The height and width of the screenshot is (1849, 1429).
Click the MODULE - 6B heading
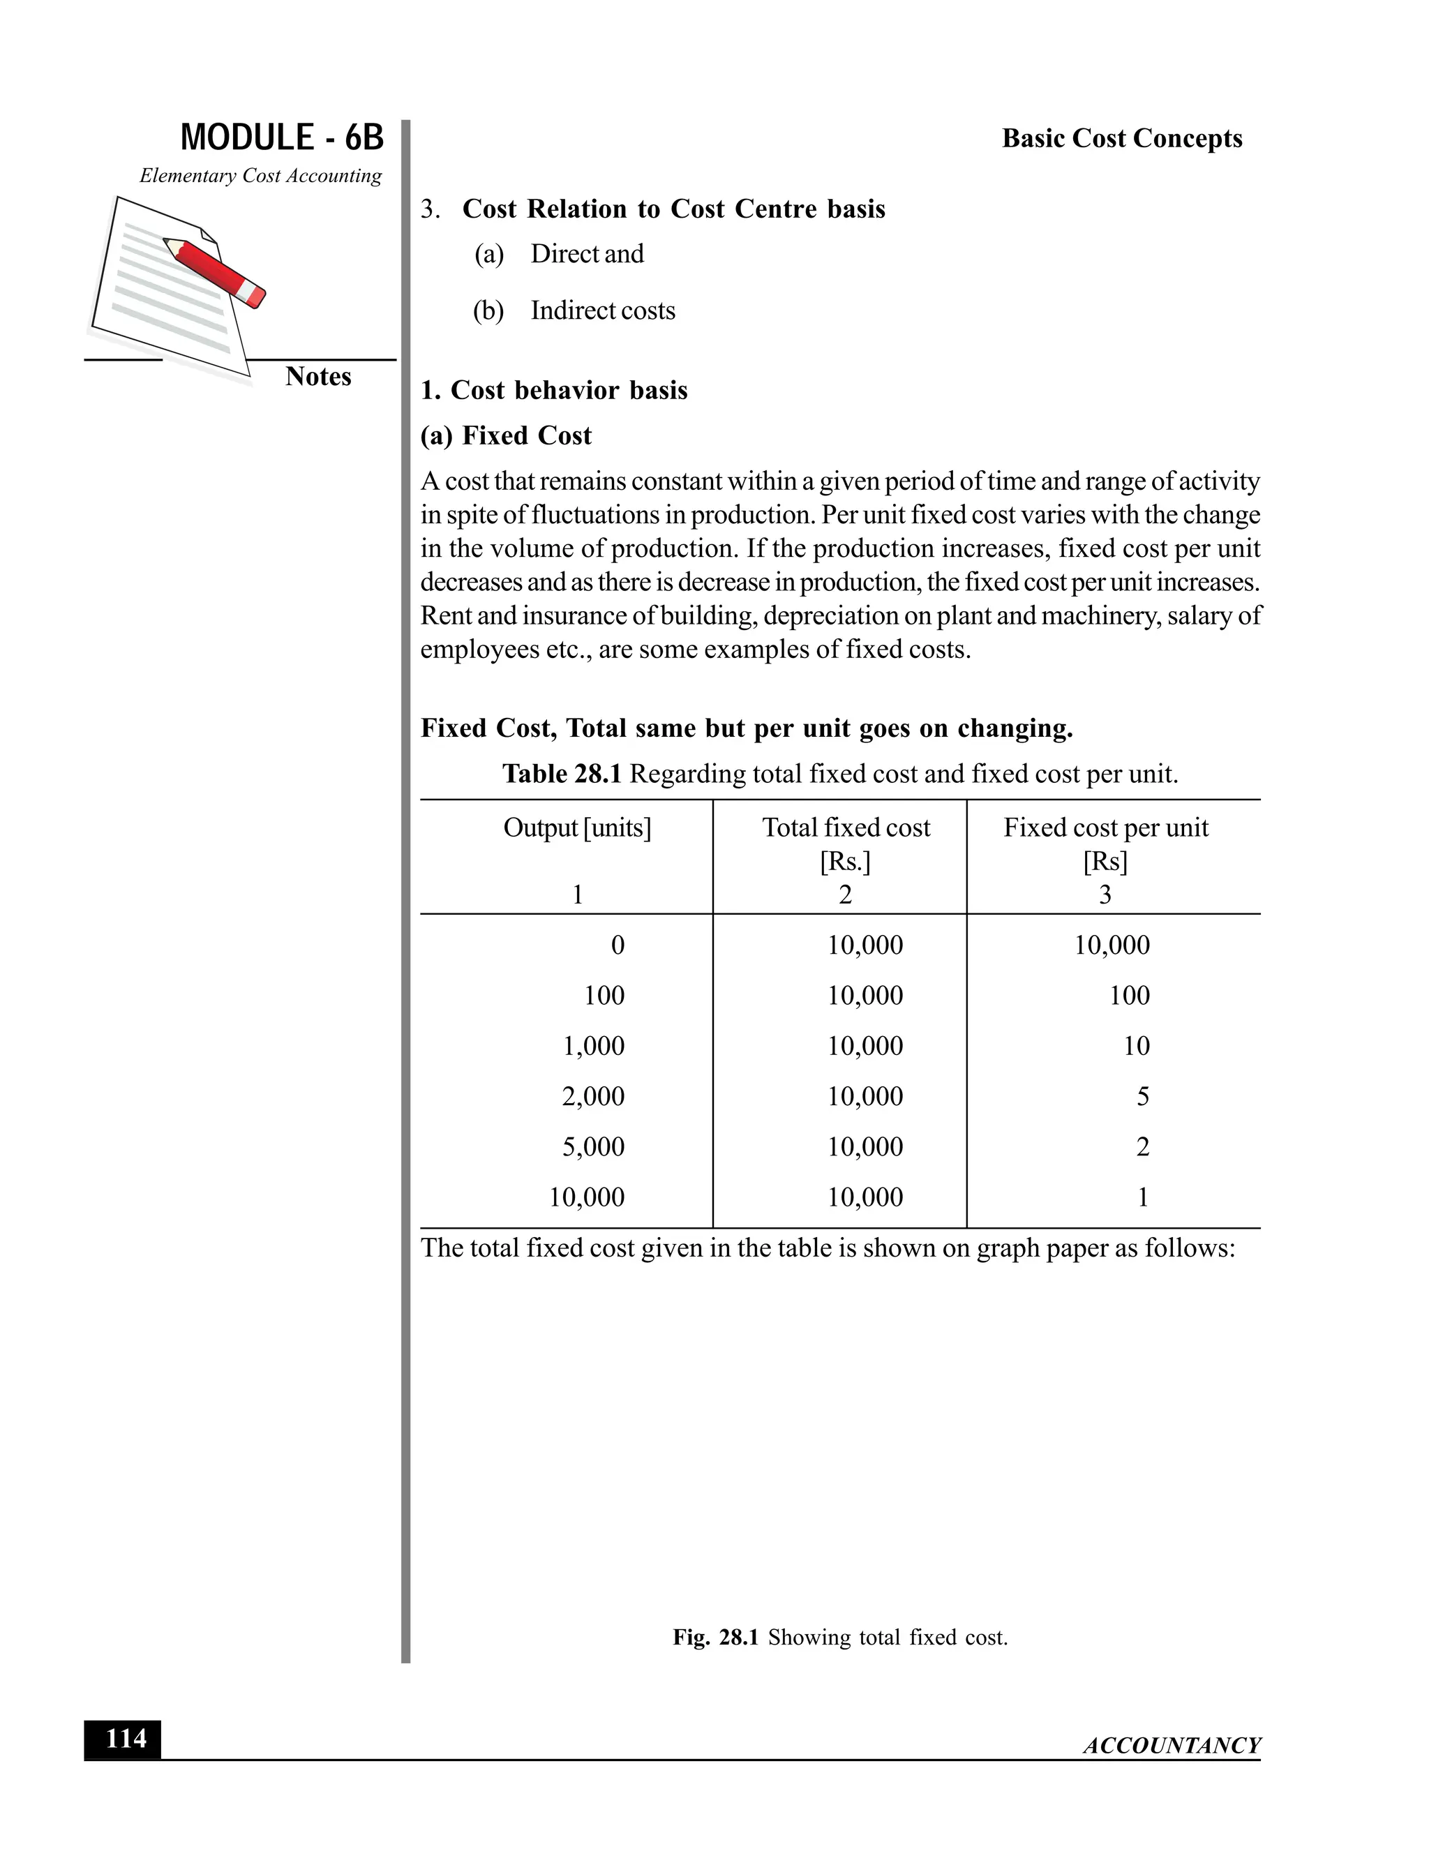click(x=282, y=138)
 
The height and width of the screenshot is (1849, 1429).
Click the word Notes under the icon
click(x=318, y=377)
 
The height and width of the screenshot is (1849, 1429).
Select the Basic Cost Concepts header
click(x=1122, y=139)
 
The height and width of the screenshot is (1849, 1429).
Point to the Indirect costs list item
click(x=602, y=310)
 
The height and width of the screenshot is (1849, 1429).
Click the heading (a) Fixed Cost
click(x=507, y=436)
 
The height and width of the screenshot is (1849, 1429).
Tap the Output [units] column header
click(x=577, y=828)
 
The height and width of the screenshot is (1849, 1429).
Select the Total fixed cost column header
click(x=846, y=828)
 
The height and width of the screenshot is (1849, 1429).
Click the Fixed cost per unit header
click(x=1106, y=828)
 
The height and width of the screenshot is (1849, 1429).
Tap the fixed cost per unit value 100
click(x=1130, y=996)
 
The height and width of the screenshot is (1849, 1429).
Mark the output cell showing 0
click(x=617, y=945)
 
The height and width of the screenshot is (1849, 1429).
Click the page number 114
click(x=123, y=1739)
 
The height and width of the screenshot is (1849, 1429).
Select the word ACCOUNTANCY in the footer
click(x=1172, y=1746)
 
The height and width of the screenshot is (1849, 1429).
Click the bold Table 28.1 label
click(x=562, y=774)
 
